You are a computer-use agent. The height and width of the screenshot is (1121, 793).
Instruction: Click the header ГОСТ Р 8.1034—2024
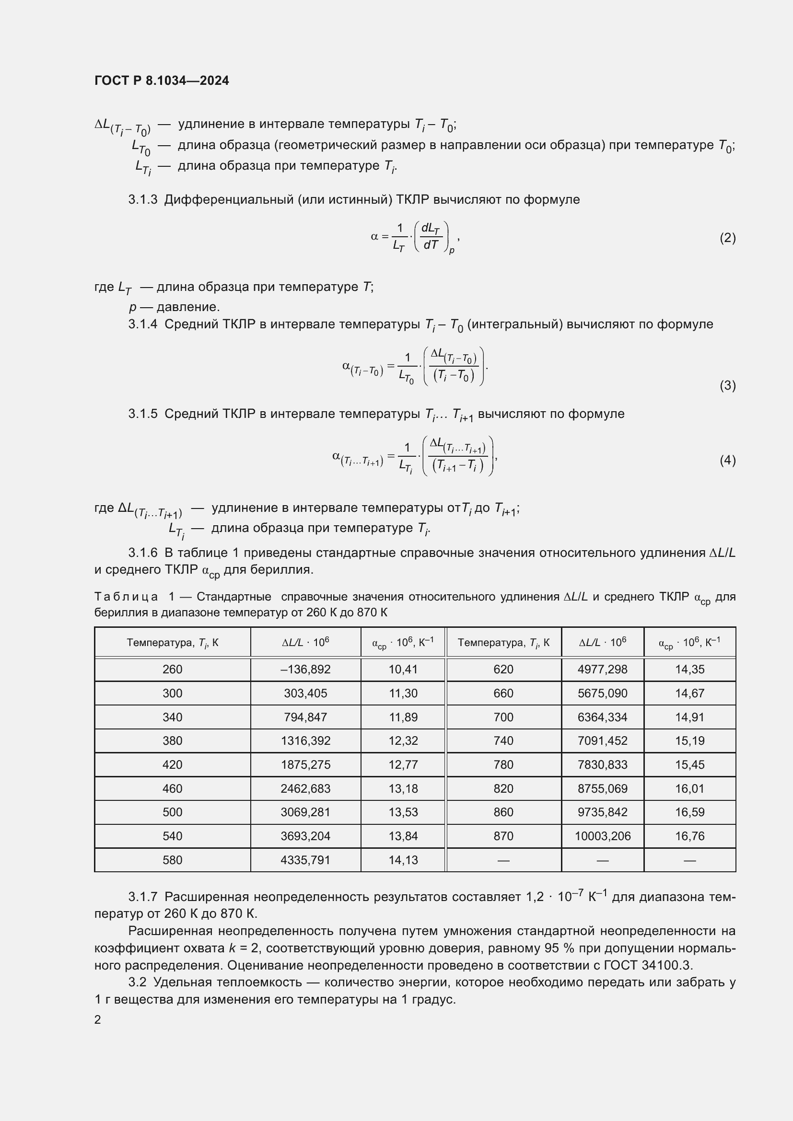point(162,81)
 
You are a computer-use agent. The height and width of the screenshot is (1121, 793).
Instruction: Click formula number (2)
point(727,238)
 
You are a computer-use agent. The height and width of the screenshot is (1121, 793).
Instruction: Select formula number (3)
point(727,386)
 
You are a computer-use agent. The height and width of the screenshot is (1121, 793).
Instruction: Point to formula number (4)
point(727,461)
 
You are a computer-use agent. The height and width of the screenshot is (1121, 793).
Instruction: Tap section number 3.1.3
point(142,200)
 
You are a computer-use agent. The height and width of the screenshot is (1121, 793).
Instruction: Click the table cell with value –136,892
point(305,670)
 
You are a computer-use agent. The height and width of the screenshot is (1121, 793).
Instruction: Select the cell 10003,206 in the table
point(602,836)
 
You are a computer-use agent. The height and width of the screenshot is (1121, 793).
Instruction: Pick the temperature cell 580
point(173,860)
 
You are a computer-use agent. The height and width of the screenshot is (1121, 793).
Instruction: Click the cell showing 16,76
point(689,836)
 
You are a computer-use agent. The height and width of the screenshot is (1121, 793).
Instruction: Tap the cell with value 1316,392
point(305,740)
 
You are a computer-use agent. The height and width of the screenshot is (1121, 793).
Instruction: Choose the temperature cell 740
point(503,740)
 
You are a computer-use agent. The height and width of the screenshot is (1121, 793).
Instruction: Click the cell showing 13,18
point(403,788)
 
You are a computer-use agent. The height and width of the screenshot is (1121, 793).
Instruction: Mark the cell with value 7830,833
point(602,764)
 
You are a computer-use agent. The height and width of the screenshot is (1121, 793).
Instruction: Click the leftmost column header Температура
point(173,643)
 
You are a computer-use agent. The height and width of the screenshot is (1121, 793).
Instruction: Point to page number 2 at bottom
point(98,1020)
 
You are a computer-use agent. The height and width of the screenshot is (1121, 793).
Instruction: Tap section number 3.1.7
point(142,897)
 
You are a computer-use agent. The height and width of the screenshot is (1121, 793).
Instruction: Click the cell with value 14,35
point(689,670)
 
